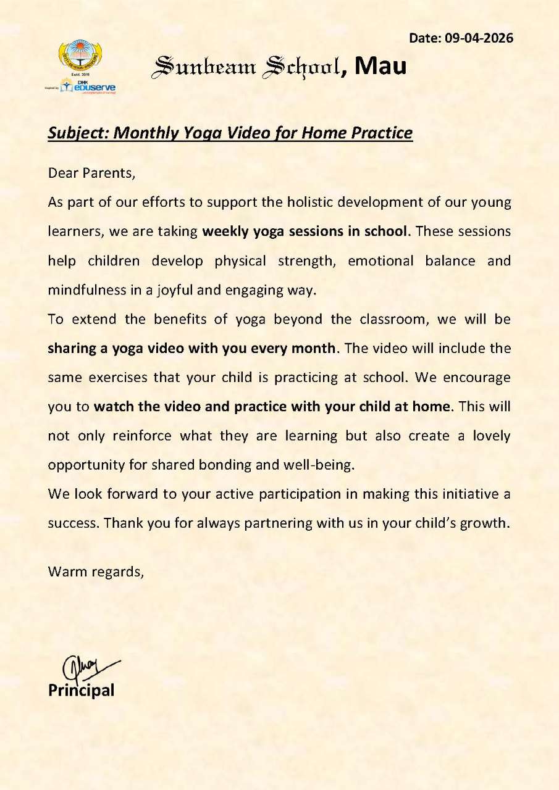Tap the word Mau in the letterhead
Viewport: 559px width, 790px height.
(382, 66)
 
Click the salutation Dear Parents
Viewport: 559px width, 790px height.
(91, 172)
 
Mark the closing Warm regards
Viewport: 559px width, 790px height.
(96, 572)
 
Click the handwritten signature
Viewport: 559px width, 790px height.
(86, 667)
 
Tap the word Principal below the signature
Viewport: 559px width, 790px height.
(81, 690)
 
